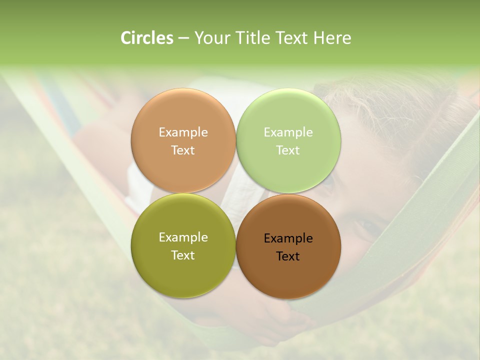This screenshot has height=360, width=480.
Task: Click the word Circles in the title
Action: [146, 38]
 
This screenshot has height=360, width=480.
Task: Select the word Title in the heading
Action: [256, 38]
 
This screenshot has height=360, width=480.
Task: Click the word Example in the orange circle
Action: [183, 132]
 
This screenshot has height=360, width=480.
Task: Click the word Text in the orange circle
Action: [183, 150]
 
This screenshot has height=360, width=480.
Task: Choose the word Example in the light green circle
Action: [288, 132]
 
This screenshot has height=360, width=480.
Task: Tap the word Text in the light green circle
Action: [288, 150]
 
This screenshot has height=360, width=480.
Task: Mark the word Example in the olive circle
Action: [183, 237]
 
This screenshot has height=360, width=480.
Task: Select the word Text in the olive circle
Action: [183, 255]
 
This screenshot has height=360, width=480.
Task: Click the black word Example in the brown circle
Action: [288, 238]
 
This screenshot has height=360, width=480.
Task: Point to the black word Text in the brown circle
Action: [288, 256]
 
